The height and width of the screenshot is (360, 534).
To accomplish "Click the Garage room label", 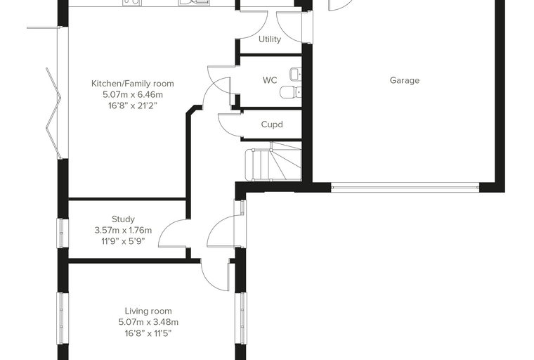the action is point(404,80).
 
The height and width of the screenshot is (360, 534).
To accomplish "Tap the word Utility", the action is point(270,39).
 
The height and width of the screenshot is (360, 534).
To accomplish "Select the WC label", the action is point(270,80).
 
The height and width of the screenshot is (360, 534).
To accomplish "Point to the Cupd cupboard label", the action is point(272,124).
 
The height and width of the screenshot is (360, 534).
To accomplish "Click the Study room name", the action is point(123,219).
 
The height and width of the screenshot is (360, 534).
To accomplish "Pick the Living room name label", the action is point(148,311).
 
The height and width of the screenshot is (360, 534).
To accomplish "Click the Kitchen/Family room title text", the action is point(133,84).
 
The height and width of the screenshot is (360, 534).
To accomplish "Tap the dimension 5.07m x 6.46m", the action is point(133,94).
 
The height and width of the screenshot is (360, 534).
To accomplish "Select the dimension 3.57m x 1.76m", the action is point(123,230).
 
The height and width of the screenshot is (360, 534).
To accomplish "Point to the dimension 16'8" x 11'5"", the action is point(148,333).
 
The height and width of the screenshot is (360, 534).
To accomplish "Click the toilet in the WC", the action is point(290,91).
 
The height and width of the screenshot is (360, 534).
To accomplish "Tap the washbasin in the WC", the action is point(296,74).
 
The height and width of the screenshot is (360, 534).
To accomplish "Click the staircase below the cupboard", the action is point(273,161).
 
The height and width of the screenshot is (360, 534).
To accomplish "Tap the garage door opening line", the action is point(405,187).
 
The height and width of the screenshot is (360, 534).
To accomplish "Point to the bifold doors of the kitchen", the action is point(54,113).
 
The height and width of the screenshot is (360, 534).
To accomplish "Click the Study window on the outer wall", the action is point(61,233).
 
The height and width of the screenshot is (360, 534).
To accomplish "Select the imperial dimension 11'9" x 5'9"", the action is point(123,241).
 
